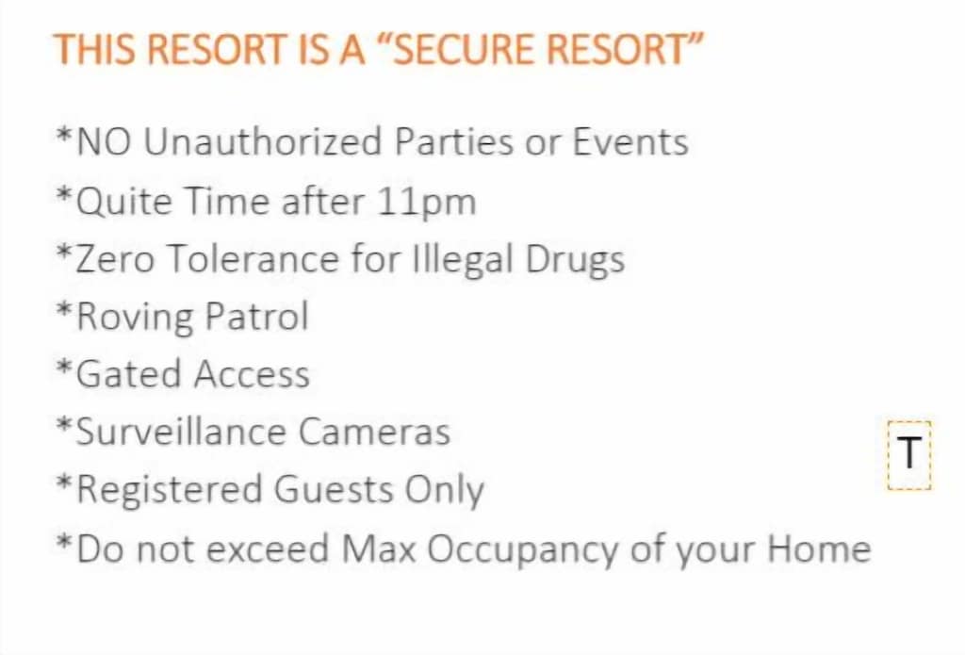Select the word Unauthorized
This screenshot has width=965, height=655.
(x=263, y=141)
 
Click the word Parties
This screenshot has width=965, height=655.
(x=454, y=141)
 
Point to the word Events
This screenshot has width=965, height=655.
(x=630, y=141)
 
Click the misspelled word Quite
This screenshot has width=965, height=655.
(x=123, y=202)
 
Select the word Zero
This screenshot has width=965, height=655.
(x=114, y=258)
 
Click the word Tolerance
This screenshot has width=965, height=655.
(x=253, y=258)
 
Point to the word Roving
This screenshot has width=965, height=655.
(x=135, y=318)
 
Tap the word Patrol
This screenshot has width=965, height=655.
(x=256, y=317)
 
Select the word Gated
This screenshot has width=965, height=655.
(x=128, y=374)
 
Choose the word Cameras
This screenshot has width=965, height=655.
(x=375, y=432)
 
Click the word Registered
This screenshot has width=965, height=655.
(x=170, y=490)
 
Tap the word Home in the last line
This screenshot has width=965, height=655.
(x=819, y=548)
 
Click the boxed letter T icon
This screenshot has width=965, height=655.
(x=909, y=454)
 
